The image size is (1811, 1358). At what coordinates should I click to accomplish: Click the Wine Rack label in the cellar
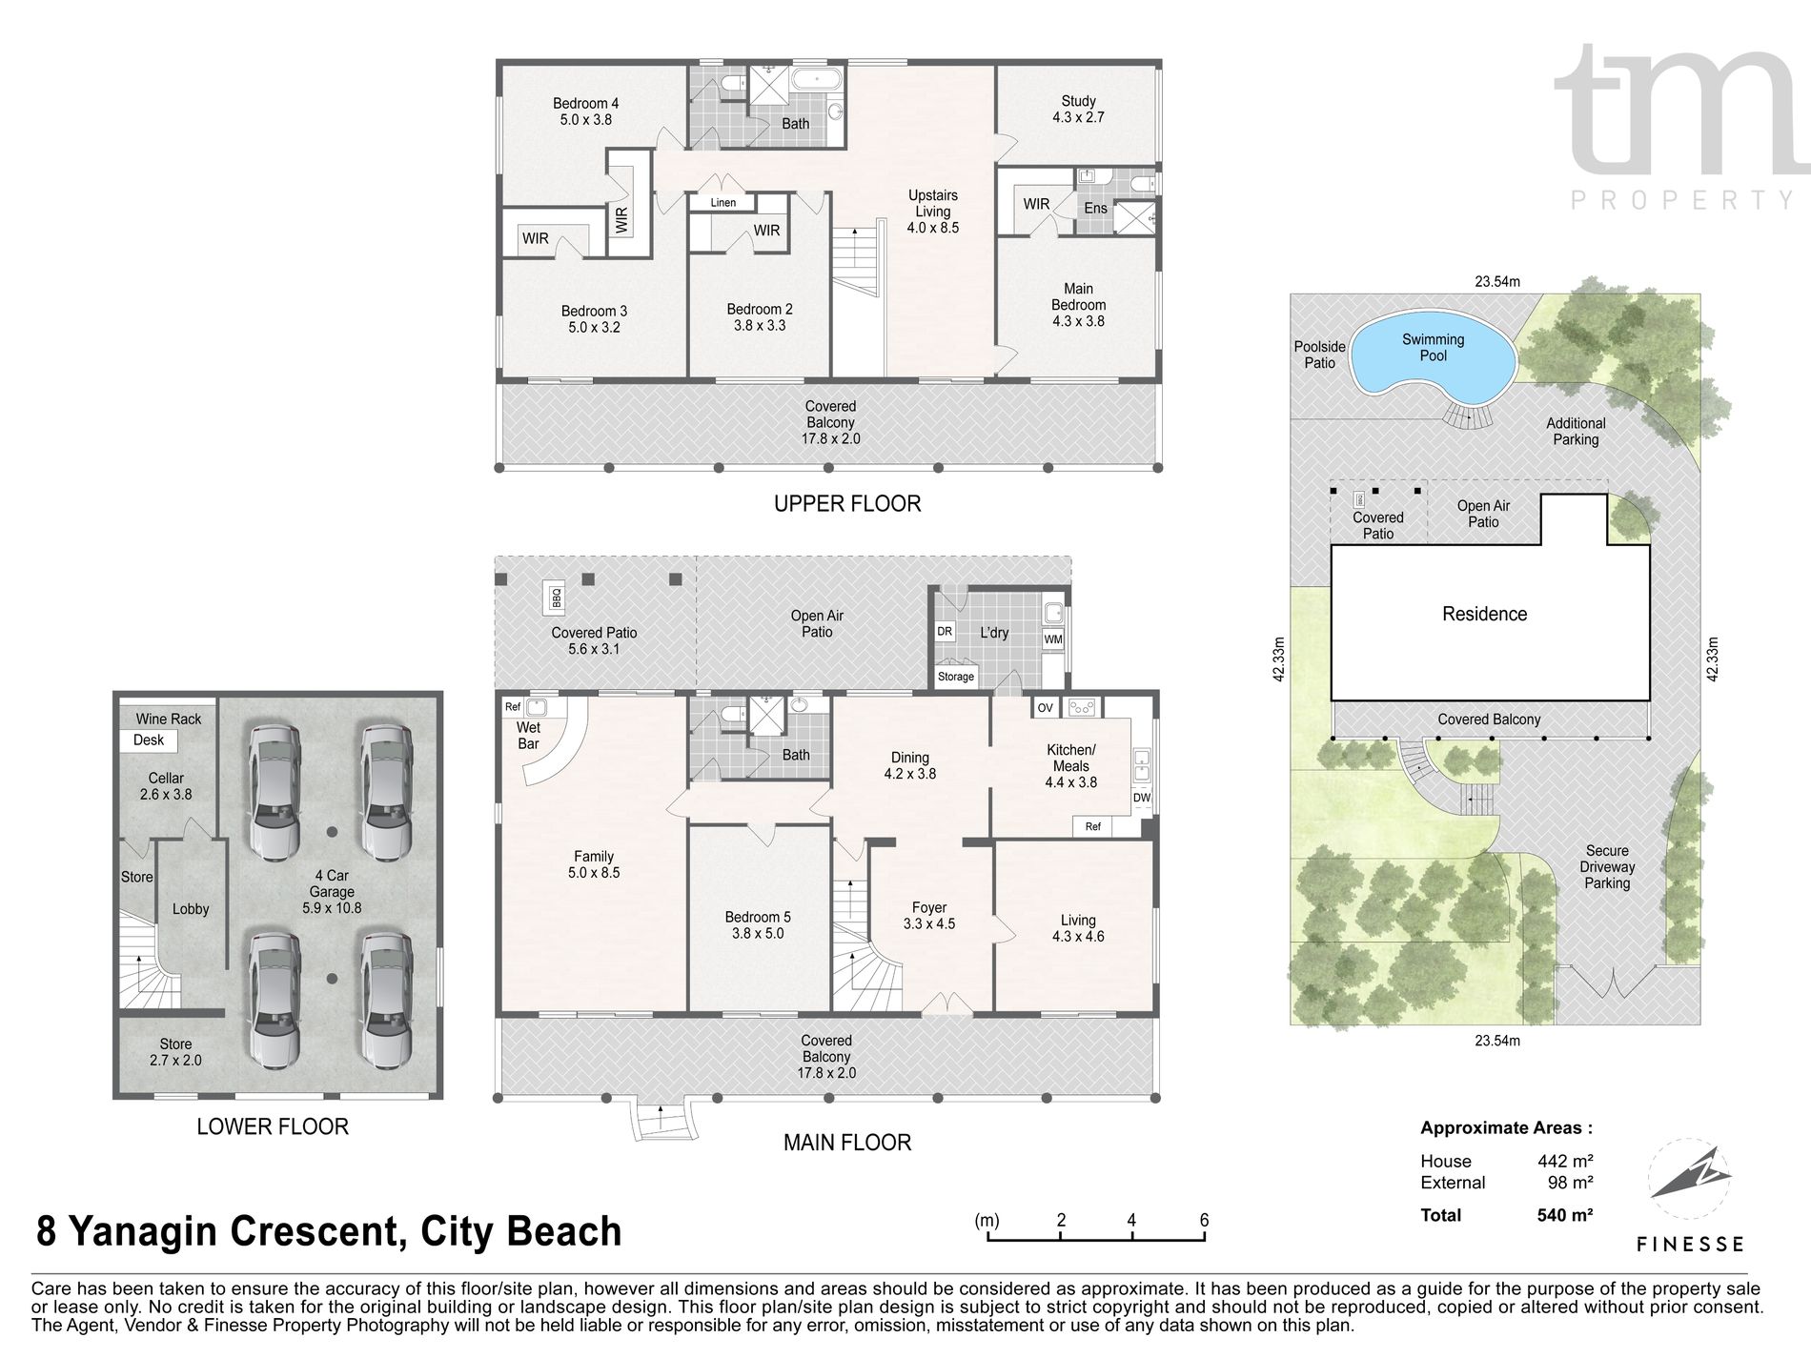point(169,720)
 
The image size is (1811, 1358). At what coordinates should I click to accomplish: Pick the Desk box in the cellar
point(149,740)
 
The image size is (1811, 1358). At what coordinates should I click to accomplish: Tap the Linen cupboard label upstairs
point(723,203)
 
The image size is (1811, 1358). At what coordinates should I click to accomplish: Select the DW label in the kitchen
point(1142,798)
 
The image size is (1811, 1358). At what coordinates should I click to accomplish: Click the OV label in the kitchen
point(1046,708)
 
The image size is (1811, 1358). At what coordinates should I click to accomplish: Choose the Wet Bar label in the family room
point(528,736)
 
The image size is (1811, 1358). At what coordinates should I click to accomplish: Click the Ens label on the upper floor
point(1096,209)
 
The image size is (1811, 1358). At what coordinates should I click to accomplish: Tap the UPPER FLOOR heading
point(847,503)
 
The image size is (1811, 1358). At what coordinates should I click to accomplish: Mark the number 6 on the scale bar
point(1205,1220)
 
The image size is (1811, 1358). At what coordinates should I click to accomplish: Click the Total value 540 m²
point(1559,1215)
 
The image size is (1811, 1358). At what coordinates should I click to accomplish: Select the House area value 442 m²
point(1560,1161)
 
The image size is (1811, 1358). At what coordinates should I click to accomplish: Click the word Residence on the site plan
point(1484,615)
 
